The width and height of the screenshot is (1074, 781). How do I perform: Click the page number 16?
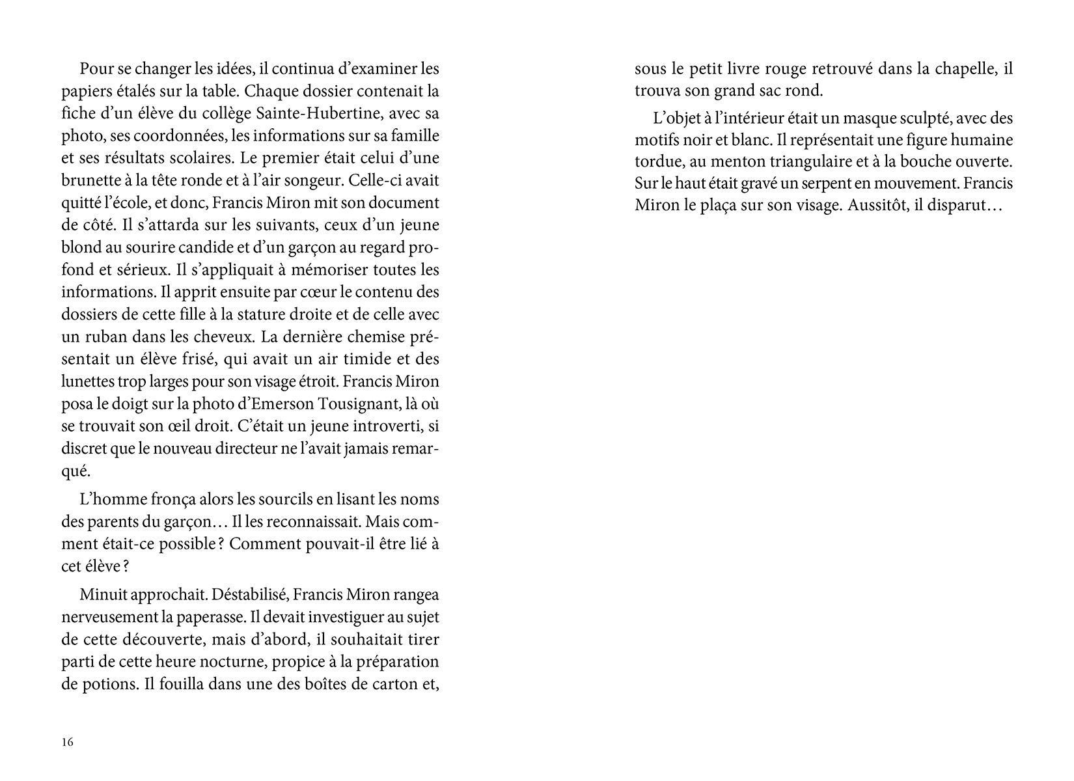(x=68, y=743)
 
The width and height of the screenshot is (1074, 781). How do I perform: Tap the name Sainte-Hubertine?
(x=313, y=114)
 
